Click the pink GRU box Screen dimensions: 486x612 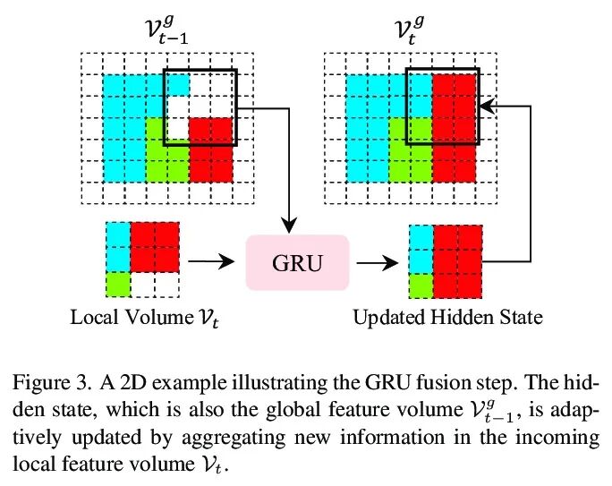[x=296, y=261]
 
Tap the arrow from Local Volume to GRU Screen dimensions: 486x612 [x=214, y=261]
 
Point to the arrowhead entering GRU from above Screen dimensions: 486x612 [x=289, y=224]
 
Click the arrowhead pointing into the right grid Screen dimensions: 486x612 [x=484, y=107]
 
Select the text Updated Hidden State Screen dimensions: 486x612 [x=447, y=318]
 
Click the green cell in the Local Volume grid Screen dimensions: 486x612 [x=117, y=285]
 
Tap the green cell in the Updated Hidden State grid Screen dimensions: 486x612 [x=420, y=285]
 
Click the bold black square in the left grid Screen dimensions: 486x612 [x=200, y=107]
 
